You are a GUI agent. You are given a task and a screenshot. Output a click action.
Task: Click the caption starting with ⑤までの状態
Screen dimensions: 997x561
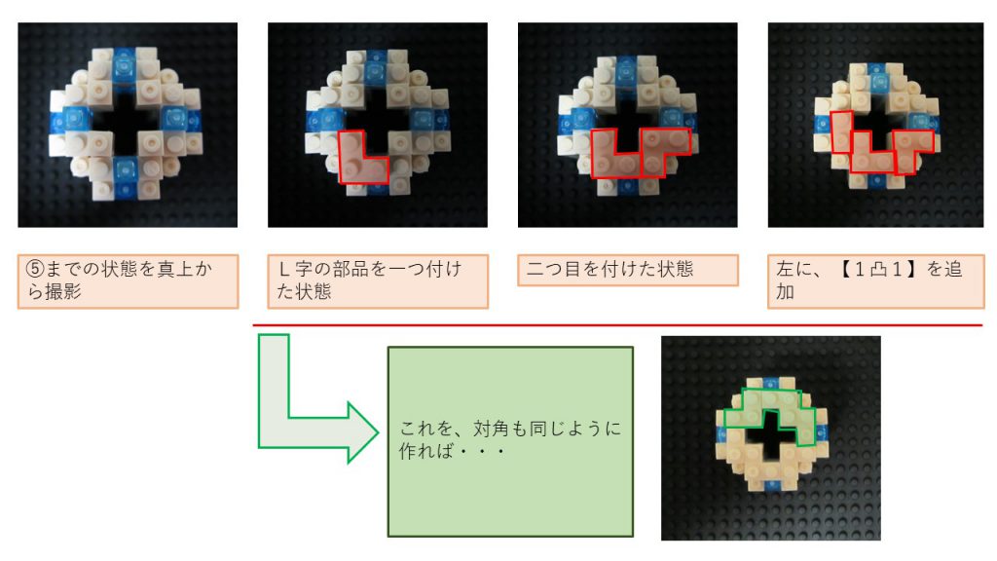coord(128,281)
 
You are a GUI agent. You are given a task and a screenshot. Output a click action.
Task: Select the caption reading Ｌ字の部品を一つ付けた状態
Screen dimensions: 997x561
coord(378,281)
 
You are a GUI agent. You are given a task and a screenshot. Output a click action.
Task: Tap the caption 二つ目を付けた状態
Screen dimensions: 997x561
coord(628,271)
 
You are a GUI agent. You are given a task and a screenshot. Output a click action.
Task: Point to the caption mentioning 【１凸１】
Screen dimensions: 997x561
coord(875,281)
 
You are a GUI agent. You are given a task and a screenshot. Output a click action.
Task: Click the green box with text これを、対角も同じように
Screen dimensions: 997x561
coord(510,441)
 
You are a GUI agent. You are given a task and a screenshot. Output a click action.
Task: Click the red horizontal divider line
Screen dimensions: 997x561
coord(617,325)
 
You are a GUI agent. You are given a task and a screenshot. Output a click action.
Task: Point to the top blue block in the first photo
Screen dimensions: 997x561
coord(125,65)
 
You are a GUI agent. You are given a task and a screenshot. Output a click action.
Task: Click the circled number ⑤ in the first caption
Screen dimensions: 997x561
coord(35,269)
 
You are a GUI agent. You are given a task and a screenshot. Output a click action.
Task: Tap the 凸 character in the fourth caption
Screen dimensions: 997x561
coord(878,270)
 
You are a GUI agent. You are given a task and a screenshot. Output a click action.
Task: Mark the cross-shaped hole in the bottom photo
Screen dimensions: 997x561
coord(771,433)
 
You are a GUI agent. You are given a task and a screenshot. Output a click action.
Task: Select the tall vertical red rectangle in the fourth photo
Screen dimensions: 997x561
coord(842,132)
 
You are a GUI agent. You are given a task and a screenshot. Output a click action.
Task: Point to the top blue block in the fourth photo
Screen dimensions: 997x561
coord(876,77)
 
